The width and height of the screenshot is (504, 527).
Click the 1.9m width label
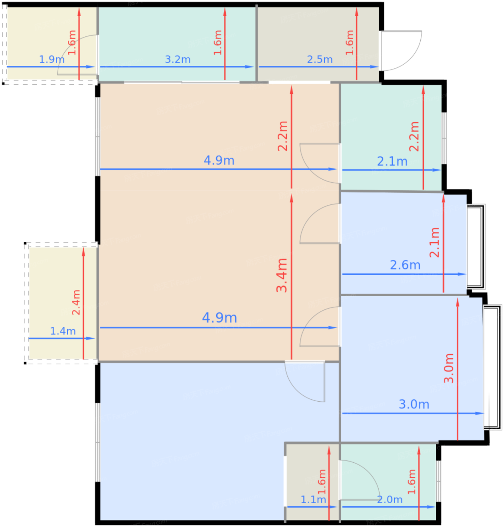tap(52, 59)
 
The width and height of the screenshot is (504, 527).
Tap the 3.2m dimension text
tap(177, 59)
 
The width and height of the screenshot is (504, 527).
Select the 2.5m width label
tap(319, 59)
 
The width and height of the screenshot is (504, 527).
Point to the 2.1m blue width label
tap(392, 161)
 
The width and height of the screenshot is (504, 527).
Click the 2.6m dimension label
tap(405, 265)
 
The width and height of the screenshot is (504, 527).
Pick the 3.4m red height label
tap(281, 275)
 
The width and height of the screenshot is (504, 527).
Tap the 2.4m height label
tap(76, 302)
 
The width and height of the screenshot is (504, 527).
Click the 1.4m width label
tap(63, 331)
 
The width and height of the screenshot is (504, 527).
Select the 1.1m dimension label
tap(313, 500)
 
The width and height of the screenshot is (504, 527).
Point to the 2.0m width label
tap(389, 500)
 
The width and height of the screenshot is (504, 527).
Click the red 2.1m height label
tap(434, 242)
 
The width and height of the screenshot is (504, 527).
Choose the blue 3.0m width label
tap(414, 404)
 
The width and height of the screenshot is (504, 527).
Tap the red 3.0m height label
tap(449, 368)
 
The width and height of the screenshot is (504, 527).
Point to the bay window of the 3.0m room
tap(492, 367)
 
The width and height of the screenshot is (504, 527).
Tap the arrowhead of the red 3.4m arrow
tap(291, 198)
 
